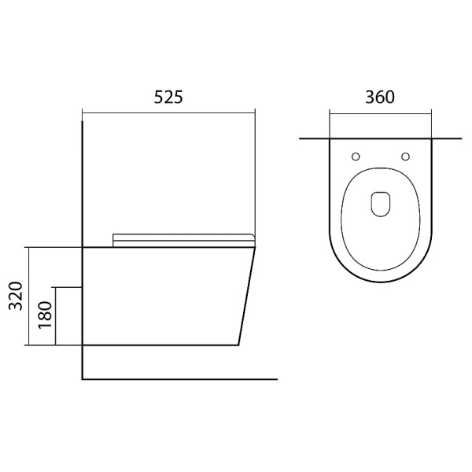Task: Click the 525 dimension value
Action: (x=168, y=98)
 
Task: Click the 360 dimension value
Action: (x=380, y=98)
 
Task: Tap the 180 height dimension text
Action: (x=46, y=315)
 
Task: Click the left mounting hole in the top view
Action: (x=356, y=157)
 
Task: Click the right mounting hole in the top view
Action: (x=405, y=157)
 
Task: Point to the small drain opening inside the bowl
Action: (x=381, y=204)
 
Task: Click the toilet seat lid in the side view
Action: (x=183, y=240)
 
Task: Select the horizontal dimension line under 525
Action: (x=168, y=113)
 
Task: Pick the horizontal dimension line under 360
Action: (x=381, y=114)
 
